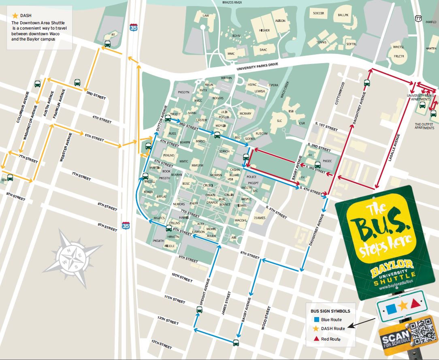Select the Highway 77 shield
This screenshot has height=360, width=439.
tap(418, 19)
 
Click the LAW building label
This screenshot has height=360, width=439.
tap(206, 16)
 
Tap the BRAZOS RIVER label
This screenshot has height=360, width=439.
tap(232, 2)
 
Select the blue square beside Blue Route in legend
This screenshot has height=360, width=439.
tap(316, 320)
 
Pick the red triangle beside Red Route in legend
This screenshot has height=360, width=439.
tap(316, 339)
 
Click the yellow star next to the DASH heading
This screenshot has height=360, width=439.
tap(15, 16)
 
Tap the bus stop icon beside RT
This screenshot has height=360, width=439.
tap(108, 44)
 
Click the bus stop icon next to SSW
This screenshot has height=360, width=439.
tap(10, 177)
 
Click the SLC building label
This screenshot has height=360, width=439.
tap(279, 121)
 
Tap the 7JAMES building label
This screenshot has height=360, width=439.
tap(259, 218)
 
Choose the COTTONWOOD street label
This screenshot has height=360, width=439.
tap(342, 94)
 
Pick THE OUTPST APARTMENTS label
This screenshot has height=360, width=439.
tap(424, 126)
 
